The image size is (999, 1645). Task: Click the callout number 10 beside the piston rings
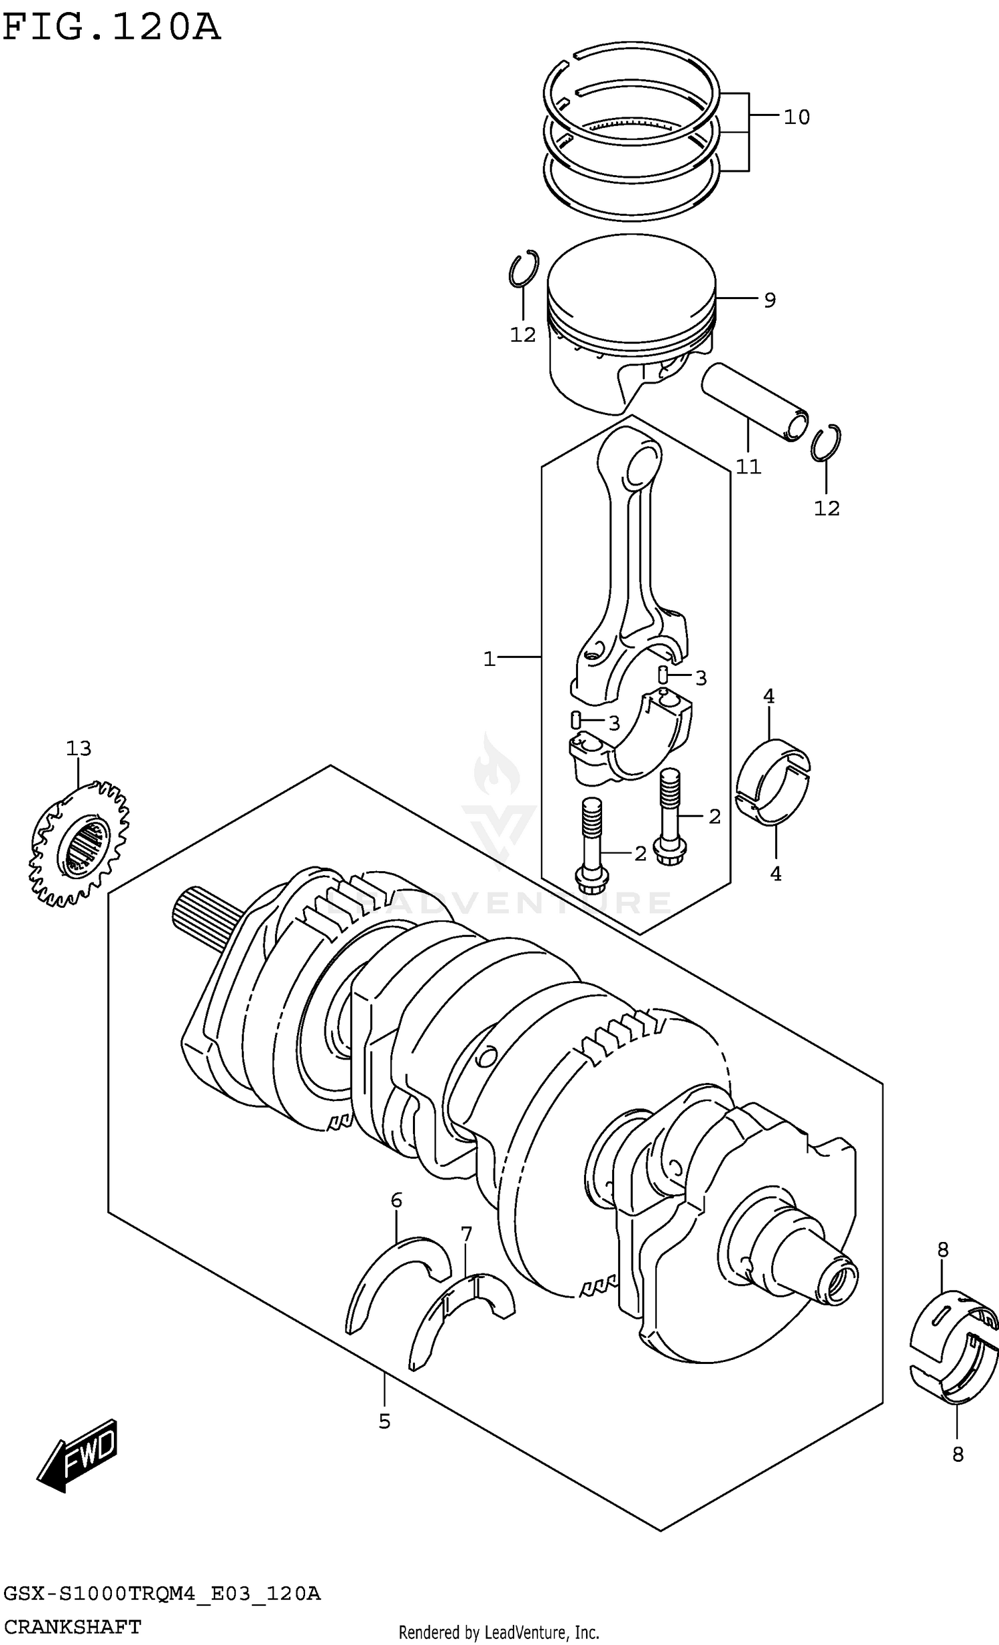[796, 117]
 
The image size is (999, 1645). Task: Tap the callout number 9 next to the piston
[769, 300]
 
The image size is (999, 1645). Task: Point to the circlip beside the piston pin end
[826, 443]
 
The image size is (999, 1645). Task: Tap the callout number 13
[78, 749]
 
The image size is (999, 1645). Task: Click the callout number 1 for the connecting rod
[489, 659]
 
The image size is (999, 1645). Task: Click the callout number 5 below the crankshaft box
[384, 1422]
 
